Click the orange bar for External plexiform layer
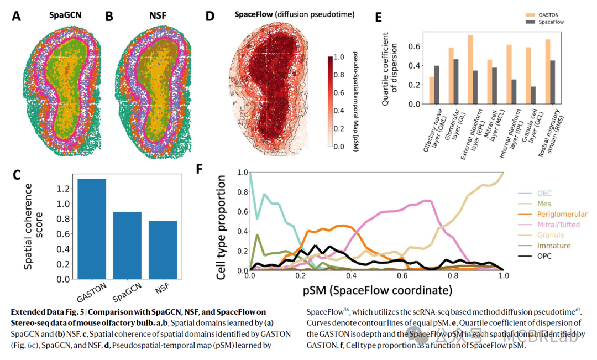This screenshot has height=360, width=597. (470, 70)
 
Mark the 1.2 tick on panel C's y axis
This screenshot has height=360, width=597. (64, 189)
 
